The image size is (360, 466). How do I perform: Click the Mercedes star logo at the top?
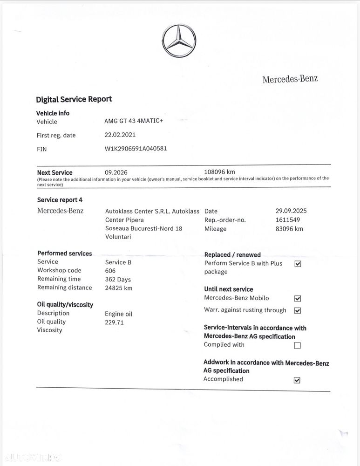pos(179,41)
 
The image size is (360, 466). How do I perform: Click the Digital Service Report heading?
pos(74,99)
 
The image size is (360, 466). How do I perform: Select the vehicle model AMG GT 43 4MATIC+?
pos(134,121)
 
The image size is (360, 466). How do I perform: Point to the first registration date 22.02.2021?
pos(120,135)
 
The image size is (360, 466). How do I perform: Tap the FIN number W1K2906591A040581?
pos(136,149)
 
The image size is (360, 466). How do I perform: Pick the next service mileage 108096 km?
pos(220,172)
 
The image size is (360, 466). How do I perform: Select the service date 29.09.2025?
pos(291,211)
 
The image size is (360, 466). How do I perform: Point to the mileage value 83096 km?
pos(289,228)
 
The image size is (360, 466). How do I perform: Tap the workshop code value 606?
pos(110,270)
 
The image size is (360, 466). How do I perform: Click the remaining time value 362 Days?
pos(118,279)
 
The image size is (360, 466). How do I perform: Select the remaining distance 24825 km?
pos(119,288)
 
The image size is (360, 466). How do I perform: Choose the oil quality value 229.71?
pos(115,322)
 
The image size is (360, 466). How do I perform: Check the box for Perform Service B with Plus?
pos(298,264)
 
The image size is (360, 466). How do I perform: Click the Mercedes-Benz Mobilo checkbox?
pos(298,299)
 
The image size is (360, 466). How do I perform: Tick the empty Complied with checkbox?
pos(298,345)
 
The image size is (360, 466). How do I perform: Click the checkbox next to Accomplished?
pos(297,380)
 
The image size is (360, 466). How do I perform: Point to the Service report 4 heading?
pos(60,199)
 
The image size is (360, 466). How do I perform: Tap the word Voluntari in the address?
pos(118,237)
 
